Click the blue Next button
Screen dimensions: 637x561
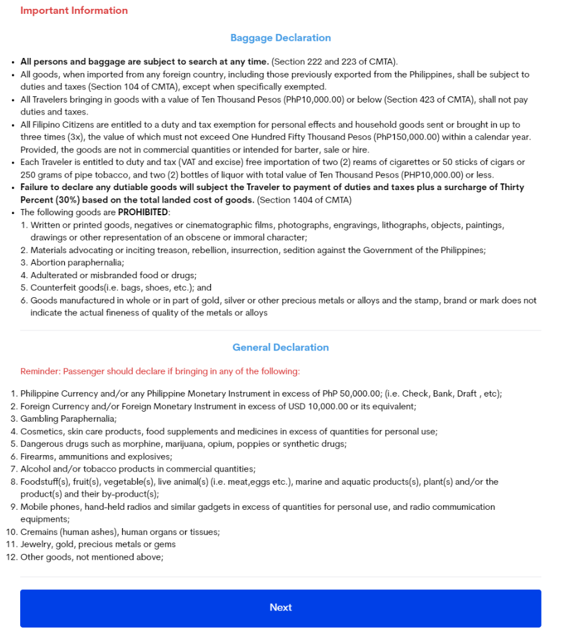point(280,607)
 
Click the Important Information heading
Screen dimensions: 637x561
point(74,11)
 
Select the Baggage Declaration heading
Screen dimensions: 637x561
point(280,38)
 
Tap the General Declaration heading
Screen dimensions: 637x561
point(280,347)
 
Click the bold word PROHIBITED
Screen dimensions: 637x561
point(143,212)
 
